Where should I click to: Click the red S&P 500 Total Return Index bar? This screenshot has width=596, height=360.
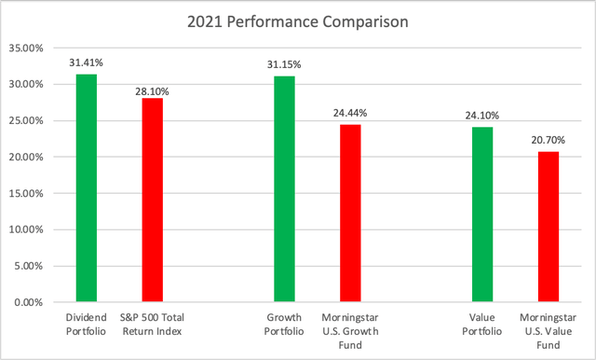[x=152, y=201]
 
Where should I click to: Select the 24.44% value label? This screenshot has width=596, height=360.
[x=350, y=114]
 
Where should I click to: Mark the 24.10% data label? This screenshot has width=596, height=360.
[x=481, y=117]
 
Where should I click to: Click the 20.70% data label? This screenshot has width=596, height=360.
[x=549, y=141]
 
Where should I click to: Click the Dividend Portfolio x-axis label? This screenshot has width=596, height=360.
[x=86, y=324]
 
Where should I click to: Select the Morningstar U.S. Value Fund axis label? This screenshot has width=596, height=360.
[x=549, y=330]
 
